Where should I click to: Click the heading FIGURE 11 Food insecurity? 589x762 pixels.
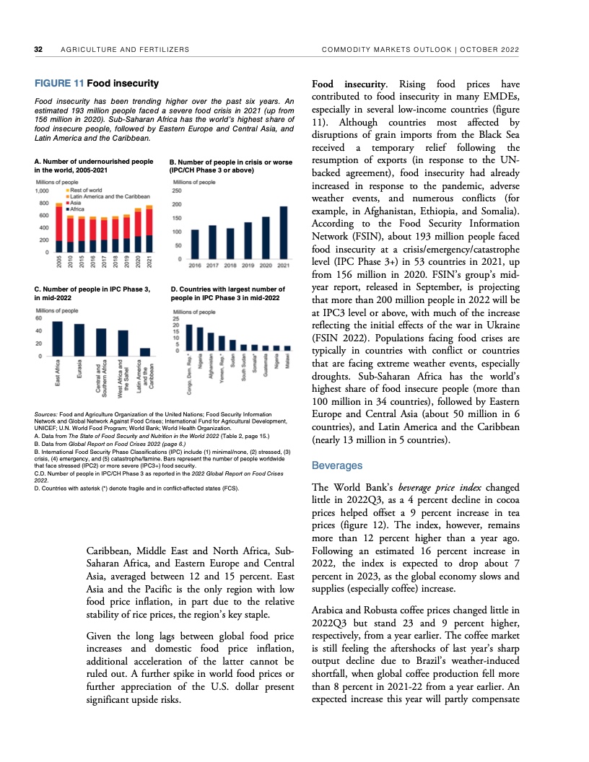(97, 84)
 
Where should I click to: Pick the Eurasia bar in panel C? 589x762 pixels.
(79, 339)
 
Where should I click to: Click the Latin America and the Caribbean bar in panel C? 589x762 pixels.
(145, 351)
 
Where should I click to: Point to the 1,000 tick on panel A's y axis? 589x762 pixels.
(43, 191)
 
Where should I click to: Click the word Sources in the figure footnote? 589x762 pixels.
(47, 414)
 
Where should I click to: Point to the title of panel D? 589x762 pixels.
(225, 294)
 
